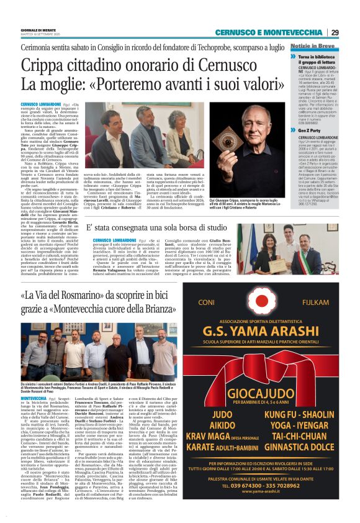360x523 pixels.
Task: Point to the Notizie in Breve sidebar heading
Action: point(313,46)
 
